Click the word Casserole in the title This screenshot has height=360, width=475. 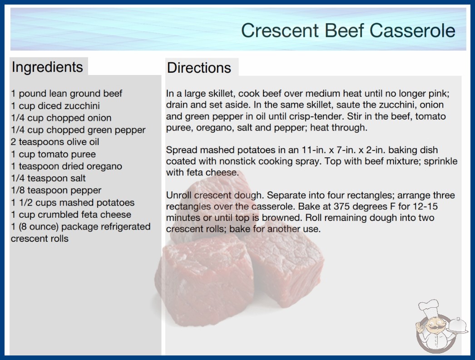click(412, 30)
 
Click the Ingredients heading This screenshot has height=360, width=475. click(47, 67)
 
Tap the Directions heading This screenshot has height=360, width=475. click(199, 68)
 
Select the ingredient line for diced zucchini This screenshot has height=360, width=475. click(55, 105)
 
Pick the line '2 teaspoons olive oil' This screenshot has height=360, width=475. click(55, 142)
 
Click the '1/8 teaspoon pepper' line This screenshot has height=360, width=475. click(56, 190)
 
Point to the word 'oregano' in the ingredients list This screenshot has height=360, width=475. click(104, 166)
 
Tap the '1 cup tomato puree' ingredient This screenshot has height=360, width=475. click(53, 154)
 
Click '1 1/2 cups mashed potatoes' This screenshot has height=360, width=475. click(73, 203)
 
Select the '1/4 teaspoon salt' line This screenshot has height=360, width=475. click(49, 178)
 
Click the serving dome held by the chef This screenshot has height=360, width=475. click(458, 325)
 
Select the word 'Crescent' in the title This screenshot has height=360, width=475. click(280, 30)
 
